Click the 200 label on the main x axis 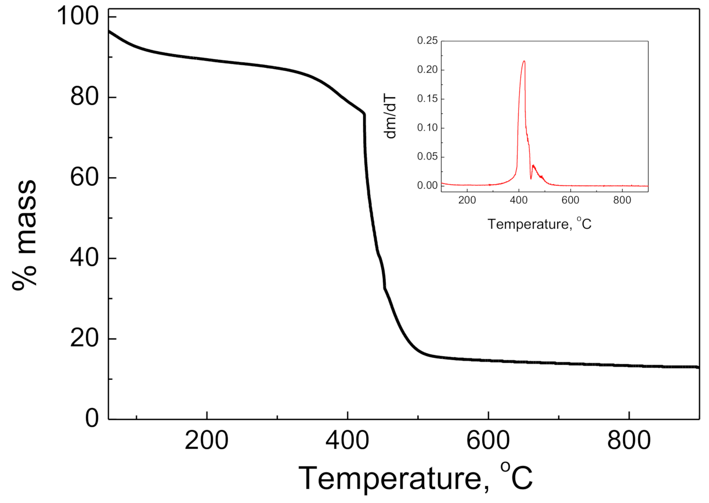pos(207,443)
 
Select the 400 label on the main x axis pos(347,443)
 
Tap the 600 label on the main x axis pos(488,443)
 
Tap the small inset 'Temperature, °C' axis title pos(540,223)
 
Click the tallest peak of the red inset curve pos(524,61)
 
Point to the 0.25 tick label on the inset pos(426,41)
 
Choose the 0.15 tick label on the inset pos(426,99)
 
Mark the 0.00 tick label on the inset pos(426,186)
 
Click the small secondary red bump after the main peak pos(533,166)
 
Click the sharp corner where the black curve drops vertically pos(364,114)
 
